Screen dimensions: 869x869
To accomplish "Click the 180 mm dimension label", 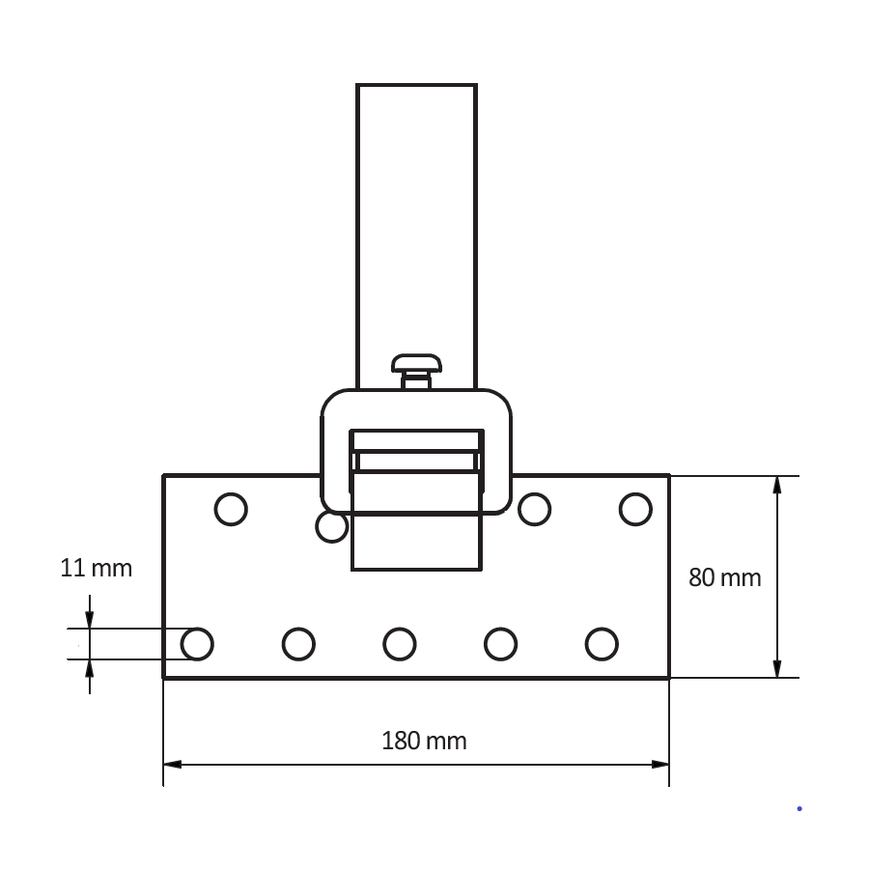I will [x=424, y=742].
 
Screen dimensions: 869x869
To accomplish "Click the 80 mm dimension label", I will [x=724, y=577].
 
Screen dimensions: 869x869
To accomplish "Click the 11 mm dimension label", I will [x=96, y=568].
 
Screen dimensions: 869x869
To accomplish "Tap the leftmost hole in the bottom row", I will [x=197, y=643].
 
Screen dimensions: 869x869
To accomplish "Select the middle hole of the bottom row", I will [x=399, y=643].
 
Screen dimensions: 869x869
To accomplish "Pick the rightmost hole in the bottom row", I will [x=602, y=643].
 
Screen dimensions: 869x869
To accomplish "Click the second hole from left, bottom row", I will [x=298, y=643].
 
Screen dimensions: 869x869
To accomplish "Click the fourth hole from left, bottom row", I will [x=500, y=643].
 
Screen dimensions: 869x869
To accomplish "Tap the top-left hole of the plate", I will [x=231, y=509].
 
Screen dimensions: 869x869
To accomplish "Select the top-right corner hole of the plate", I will [x=635, y=509].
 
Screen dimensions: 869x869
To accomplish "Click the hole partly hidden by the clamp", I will [x=330, y=528].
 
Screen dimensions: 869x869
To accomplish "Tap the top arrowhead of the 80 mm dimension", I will [x=777, y=484].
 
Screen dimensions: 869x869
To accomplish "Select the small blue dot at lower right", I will [x=799, y=808].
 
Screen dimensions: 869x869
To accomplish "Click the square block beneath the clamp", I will [x=416, y=541].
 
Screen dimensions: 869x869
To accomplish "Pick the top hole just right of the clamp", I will [x=534, y=509].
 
